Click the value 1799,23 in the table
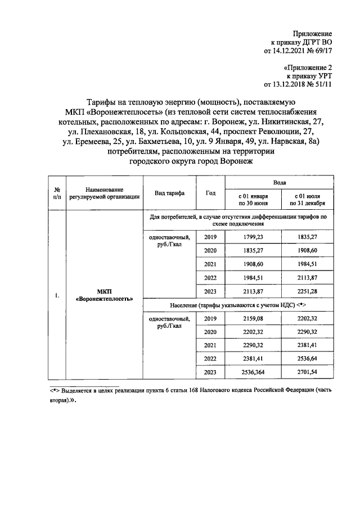253,237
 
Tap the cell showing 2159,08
253,318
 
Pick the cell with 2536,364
253,372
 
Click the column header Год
210,193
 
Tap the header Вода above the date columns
280,183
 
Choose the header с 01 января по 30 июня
253,199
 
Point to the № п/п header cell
57,193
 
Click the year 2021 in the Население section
210,345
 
